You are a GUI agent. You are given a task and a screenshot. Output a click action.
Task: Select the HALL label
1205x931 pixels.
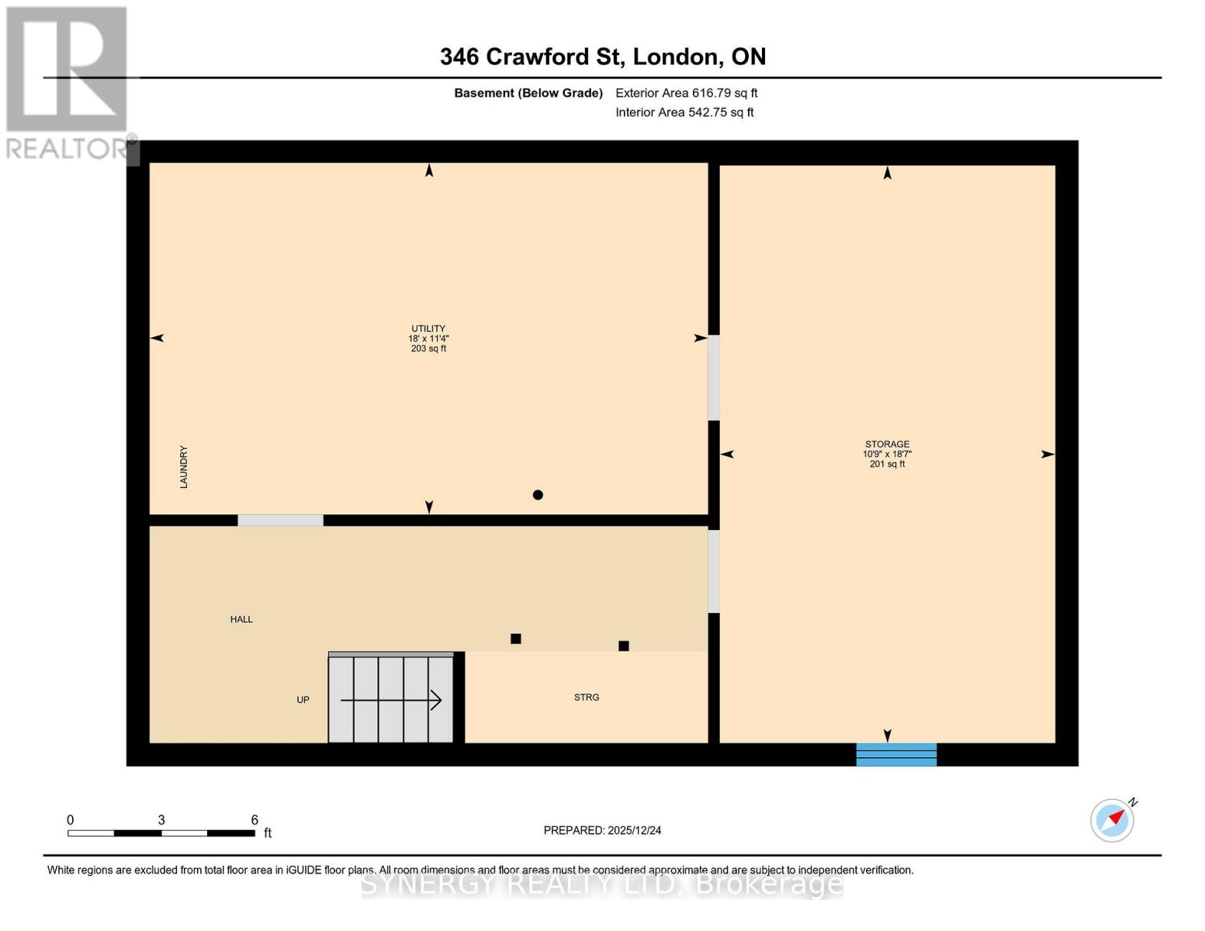point(241,619)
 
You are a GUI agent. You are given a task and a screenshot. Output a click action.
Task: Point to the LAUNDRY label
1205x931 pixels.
point(184,467)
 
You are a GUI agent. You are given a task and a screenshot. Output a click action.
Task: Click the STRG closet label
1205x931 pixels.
point(587,697)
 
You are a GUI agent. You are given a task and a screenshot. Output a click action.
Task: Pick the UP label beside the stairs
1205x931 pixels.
point(303,700)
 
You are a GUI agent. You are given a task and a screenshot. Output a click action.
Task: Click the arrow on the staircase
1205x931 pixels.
point(392,701)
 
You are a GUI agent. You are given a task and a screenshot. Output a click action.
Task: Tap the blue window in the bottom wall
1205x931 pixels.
point(896,754)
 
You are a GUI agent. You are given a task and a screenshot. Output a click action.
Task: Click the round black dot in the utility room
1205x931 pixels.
point(538,495)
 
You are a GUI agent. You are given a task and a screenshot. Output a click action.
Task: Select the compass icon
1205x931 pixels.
point(1112,820)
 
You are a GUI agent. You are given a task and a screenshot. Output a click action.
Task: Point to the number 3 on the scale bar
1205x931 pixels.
point(161,820)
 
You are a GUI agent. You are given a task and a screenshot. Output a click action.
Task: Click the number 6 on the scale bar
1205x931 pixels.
point(255,820)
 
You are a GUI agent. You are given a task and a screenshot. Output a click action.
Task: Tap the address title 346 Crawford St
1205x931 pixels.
point(603,57)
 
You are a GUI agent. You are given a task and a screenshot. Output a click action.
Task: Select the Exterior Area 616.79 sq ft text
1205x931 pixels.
point(686,93)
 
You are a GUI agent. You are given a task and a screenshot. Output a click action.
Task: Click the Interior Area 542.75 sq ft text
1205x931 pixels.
point(684,112)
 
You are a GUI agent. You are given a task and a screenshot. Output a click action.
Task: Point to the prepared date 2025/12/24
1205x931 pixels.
point(602,830)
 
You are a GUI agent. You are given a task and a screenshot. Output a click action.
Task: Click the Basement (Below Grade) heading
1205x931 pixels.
point(528,93)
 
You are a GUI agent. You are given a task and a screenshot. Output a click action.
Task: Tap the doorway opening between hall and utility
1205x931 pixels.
point(280,521)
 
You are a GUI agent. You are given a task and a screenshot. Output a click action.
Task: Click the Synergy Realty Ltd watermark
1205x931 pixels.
point(602,884)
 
